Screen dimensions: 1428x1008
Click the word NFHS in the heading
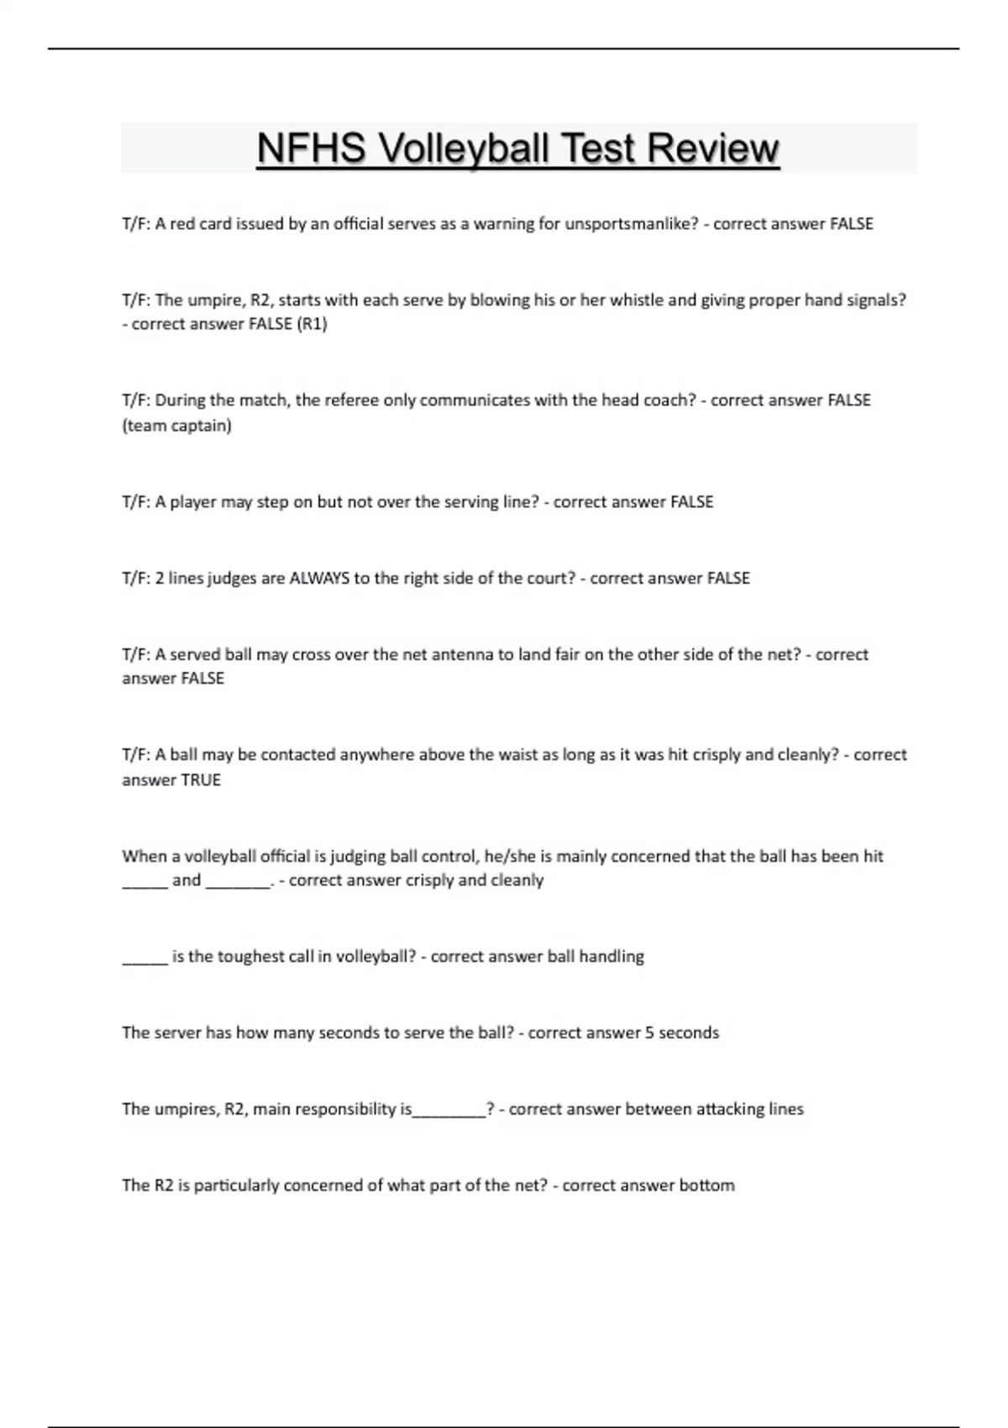311,149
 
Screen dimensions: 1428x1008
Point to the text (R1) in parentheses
312,324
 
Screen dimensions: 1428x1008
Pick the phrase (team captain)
176,426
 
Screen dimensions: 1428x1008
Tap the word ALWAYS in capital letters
319,578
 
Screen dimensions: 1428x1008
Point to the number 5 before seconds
649,1032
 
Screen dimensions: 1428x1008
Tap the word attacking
723,1109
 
